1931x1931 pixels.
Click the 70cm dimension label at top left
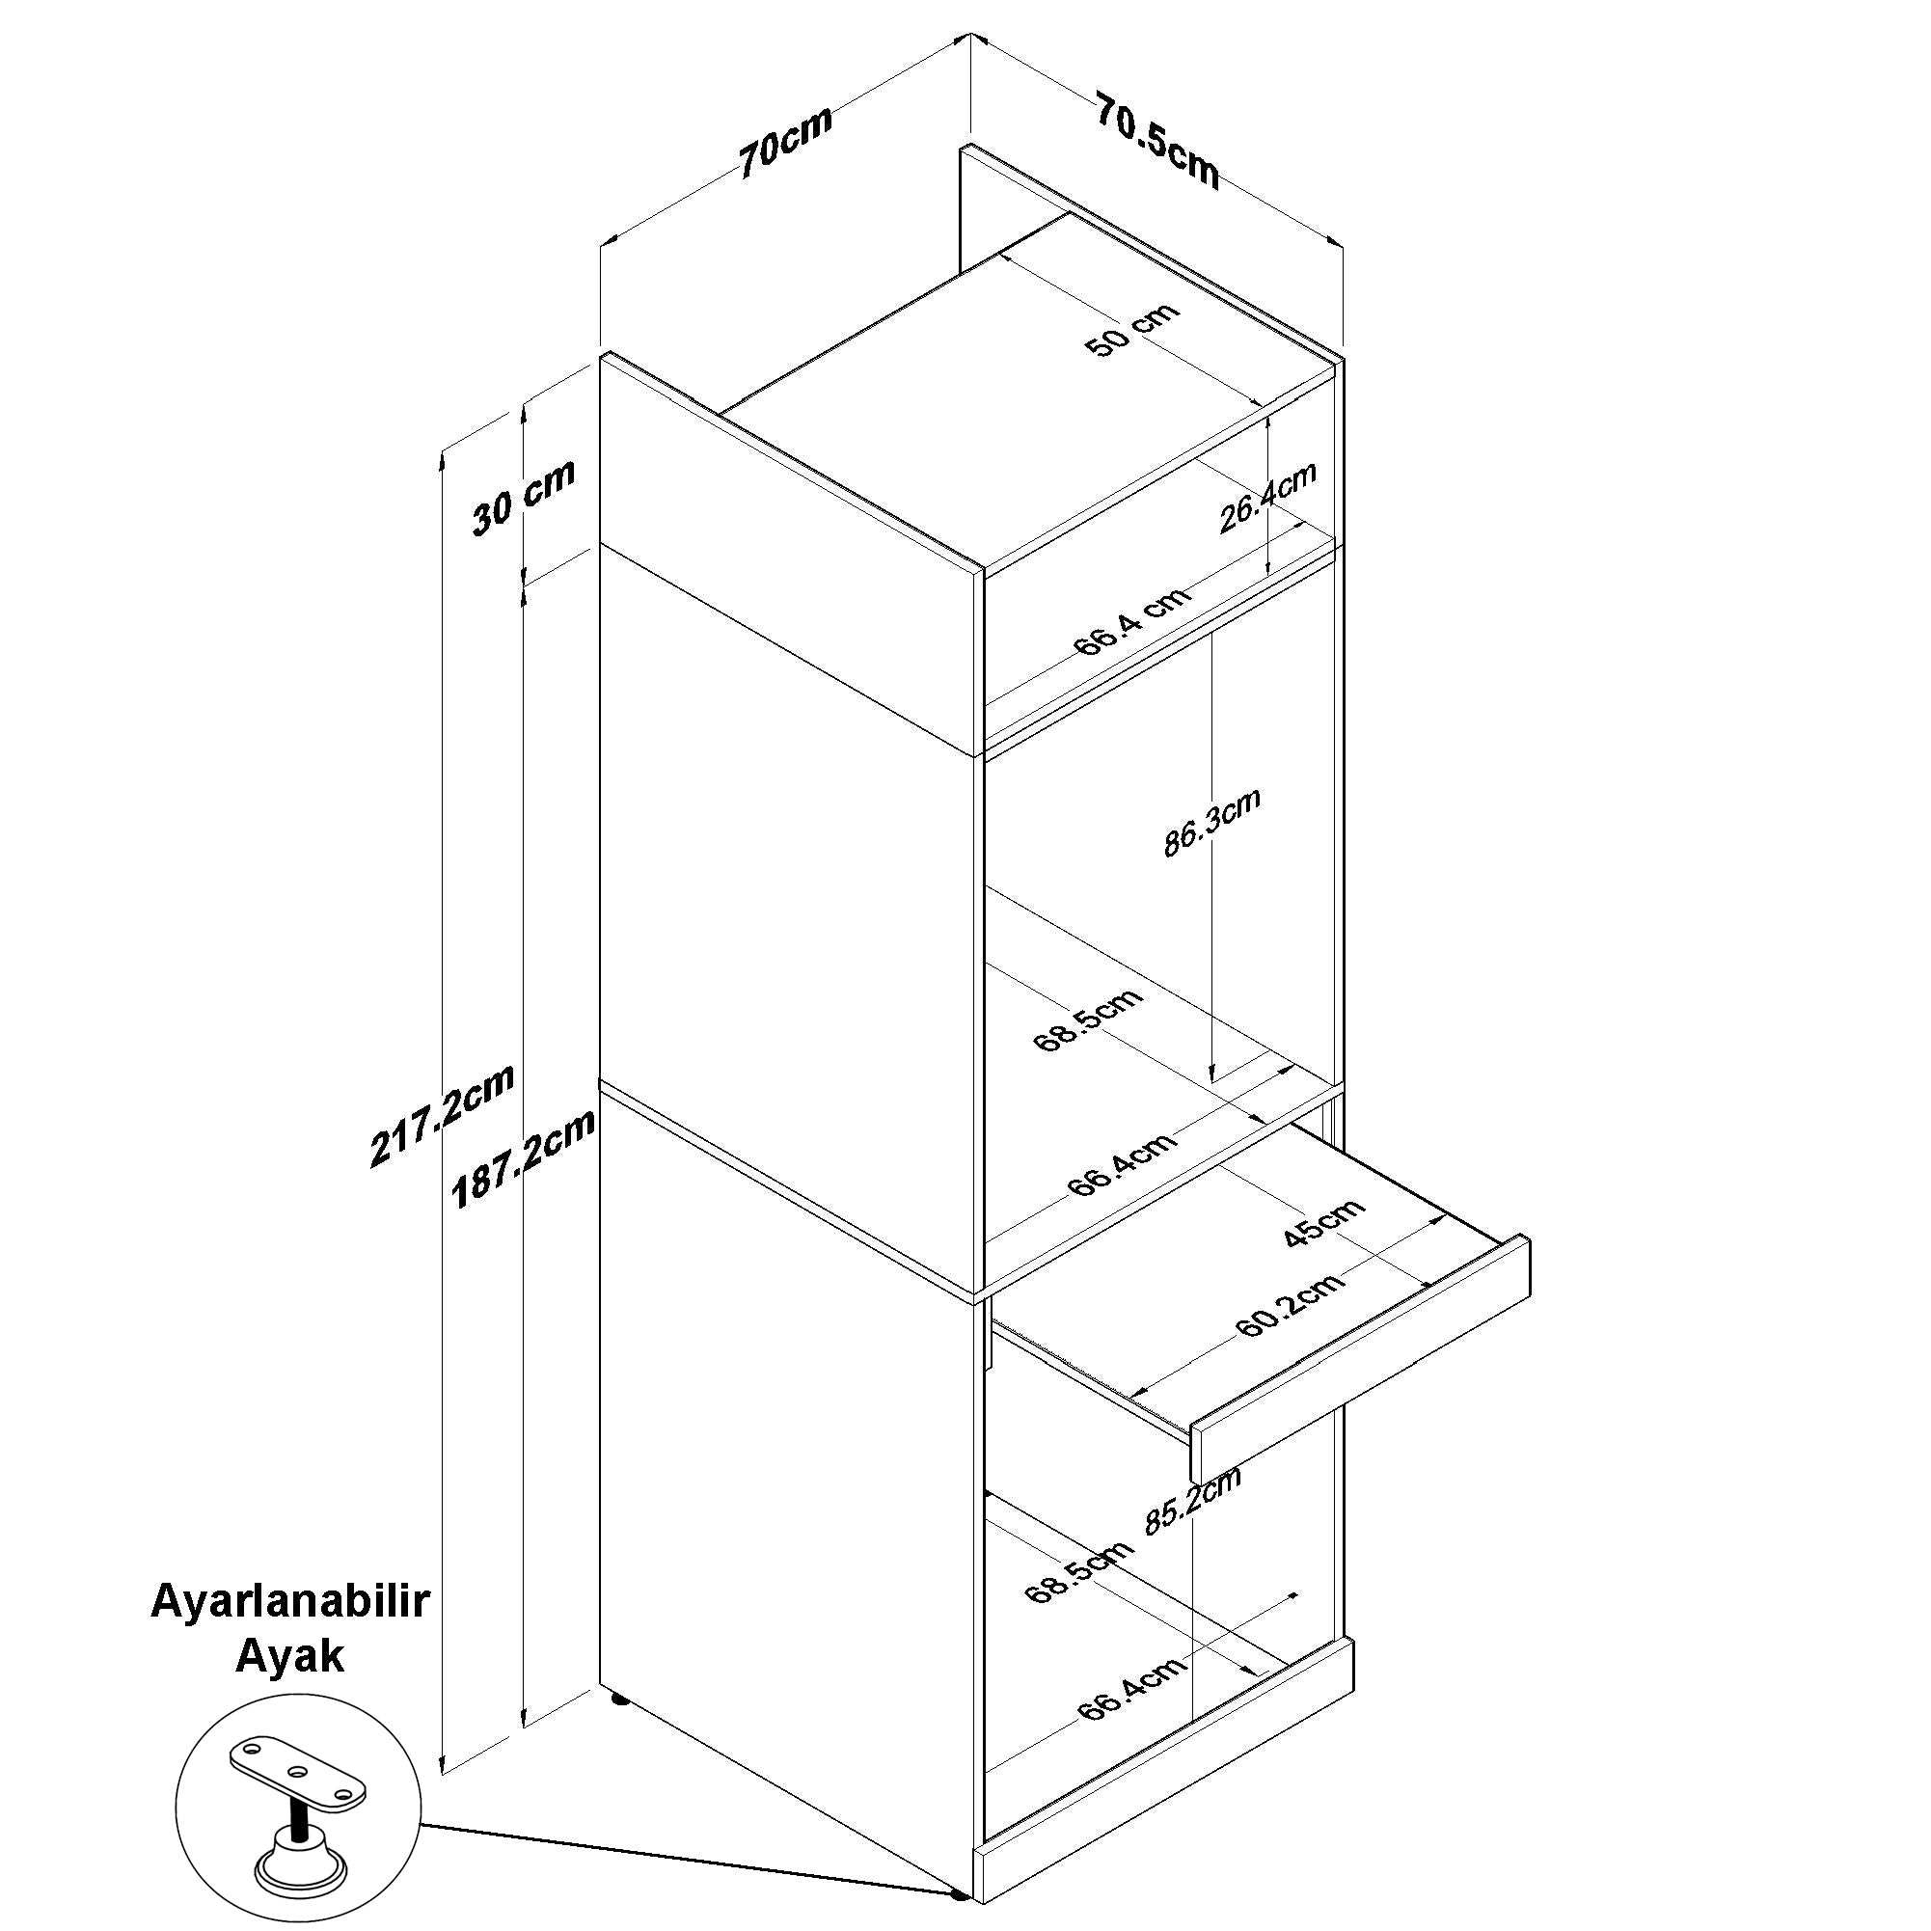click(x=784, y=143)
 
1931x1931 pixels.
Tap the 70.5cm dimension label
click(x=1158, y=140)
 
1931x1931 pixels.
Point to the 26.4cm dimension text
click(x=1268, y=497)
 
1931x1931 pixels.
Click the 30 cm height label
click(x=524, y=497)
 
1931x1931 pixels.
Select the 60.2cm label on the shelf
click(x=1290, y=1304)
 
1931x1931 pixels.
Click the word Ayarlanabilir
click(x=290, y=1602)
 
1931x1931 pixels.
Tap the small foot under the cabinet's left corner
click(x=619, y=1699)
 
